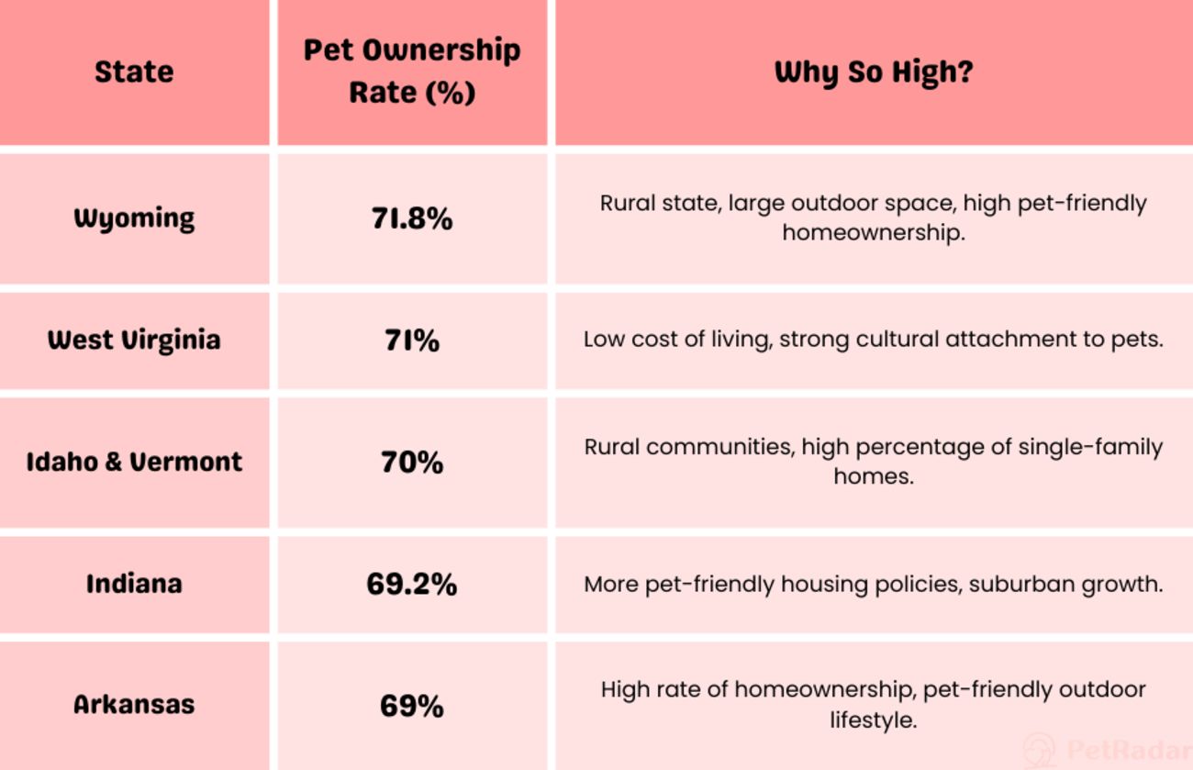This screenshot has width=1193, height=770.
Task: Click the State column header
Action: (134, 72)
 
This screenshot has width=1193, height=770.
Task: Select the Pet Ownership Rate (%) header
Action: (412, 71)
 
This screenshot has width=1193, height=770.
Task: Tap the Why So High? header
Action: (873, 72)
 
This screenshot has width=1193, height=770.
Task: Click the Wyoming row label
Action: (134, 218)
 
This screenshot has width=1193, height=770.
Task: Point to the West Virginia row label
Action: (134, 340)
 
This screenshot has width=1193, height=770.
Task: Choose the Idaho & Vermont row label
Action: (134, 461)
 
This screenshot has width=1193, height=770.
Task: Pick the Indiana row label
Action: (134, 583)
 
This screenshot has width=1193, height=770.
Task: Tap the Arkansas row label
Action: (134, 704)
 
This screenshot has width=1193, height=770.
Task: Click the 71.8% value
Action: (412, 218)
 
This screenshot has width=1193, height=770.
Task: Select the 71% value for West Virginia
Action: (412, 340)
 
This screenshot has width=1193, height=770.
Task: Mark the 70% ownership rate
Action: (412, 462)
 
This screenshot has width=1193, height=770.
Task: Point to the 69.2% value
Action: (412, 584)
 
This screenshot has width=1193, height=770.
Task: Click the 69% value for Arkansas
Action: (412, 706)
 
